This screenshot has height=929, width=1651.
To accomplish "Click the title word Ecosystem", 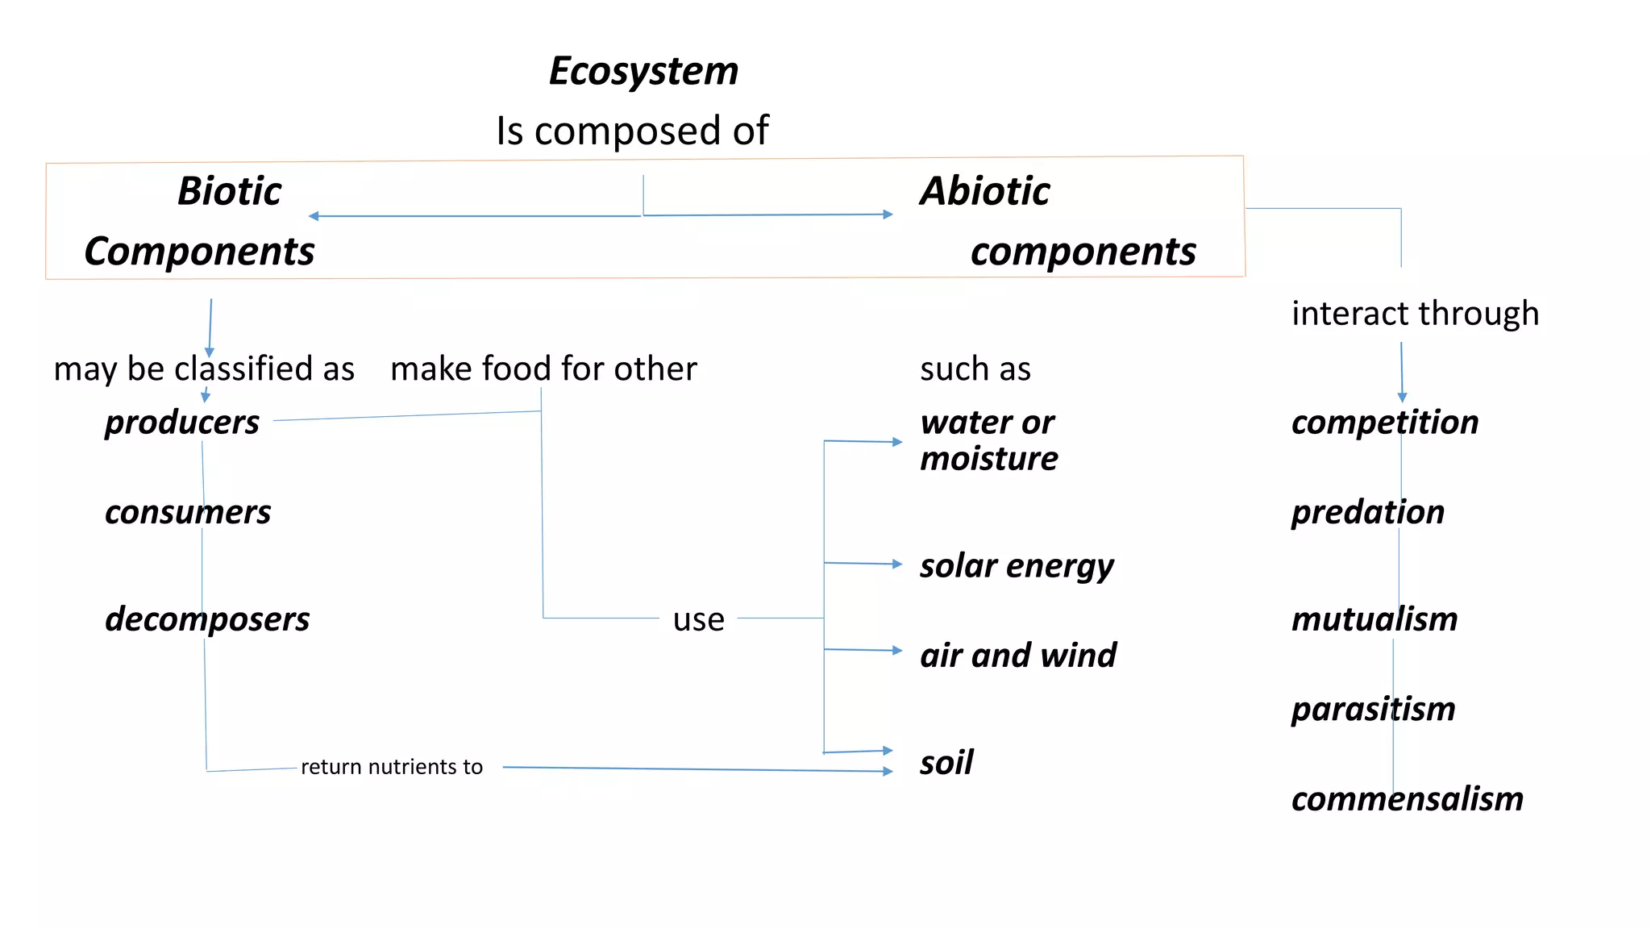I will tap(643, 71).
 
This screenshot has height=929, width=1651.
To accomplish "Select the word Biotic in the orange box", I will tap(230, 192).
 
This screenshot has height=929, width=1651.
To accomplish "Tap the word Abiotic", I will tap(985, 192).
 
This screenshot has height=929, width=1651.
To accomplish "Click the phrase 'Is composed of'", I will tap(632, 131).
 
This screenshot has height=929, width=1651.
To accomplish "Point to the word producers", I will tap(182, 423).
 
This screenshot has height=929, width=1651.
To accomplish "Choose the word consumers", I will tap(188, 512).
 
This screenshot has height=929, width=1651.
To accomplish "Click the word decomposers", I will tap(207, 619).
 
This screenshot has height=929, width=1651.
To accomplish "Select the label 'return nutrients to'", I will tap(392, 766).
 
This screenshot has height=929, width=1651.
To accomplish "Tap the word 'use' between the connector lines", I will tap(699, 619).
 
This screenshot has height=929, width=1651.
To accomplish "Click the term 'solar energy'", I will tap(1017, 566).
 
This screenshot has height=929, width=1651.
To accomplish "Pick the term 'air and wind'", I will tap(1018, 655).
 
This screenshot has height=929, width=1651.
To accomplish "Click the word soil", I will tap(946, 762).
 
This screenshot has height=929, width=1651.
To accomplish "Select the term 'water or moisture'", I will tap(989, 440).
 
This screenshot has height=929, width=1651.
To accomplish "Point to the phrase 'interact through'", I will tap(1415, 313).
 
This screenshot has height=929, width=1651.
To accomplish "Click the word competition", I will tap(1385, 423).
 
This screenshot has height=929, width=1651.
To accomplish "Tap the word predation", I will tap(1368, 512).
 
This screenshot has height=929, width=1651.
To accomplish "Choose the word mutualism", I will tap(1374, 619).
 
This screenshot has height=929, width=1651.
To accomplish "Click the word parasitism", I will tap(1373, 709).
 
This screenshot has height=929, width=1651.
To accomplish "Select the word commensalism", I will tap(1408, 799).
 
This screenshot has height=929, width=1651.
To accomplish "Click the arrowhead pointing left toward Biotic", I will tap(314, 216).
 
